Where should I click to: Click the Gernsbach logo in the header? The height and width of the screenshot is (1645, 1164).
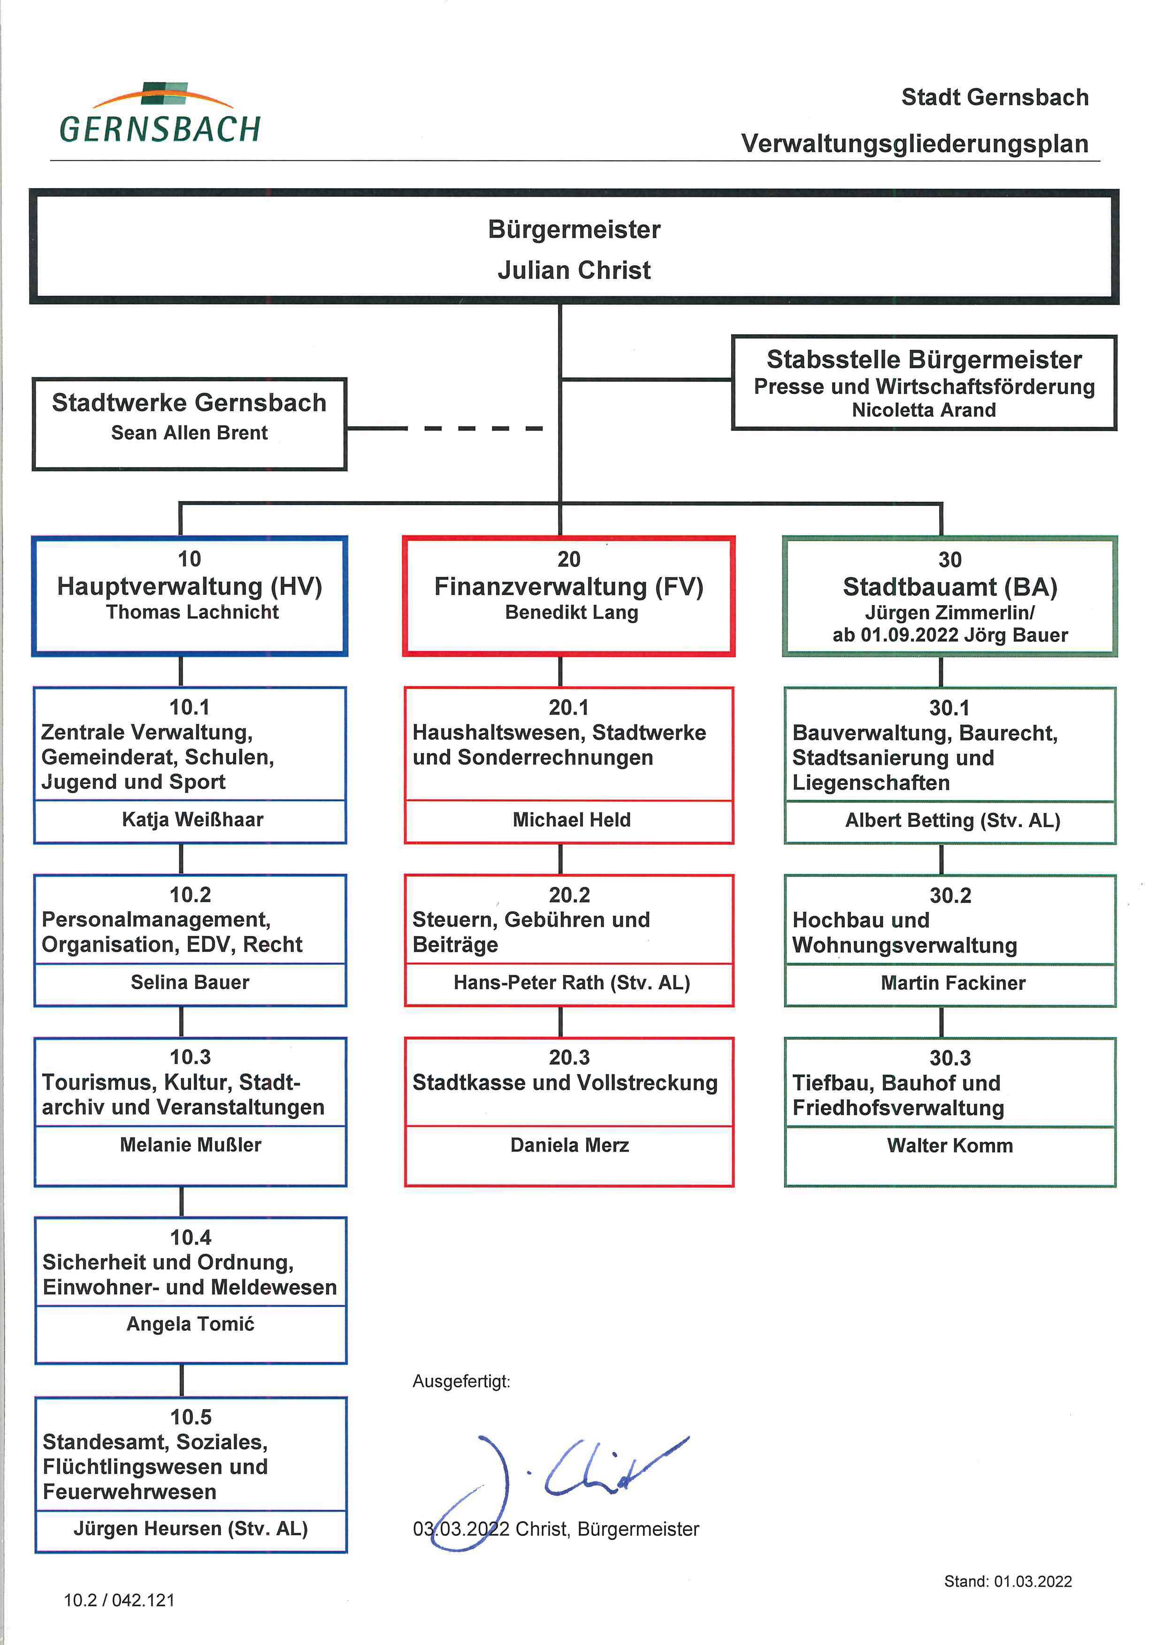click(x=160, y=113)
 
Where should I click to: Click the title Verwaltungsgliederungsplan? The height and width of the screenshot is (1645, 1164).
click(x=915, y=143)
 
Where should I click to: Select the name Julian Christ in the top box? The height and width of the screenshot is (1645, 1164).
click(x=574, y=270)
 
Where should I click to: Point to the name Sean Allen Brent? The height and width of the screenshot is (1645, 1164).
click(x=189, y=433)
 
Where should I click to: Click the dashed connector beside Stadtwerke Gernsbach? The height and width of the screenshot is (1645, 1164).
click(x=444, y=429)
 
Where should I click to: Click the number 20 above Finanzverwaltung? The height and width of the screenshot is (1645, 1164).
click(x=569, y=559)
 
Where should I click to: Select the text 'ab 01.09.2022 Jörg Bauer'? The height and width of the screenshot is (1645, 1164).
click(x=950, y=635)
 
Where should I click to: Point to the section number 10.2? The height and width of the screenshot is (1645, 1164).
click(x=190, y=894)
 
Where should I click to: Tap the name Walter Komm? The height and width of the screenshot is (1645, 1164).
click(x=950, y=1145)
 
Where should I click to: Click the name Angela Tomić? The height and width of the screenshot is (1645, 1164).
click(x=190, y=1324)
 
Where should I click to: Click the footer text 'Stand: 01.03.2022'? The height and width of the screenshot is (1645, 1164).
click(x=1008, y=1582)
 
